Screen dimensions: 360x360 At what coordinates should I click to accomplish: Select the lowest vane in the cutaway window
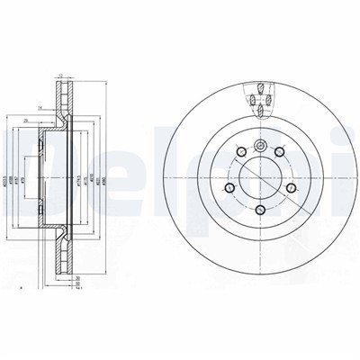click(259, 112)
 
